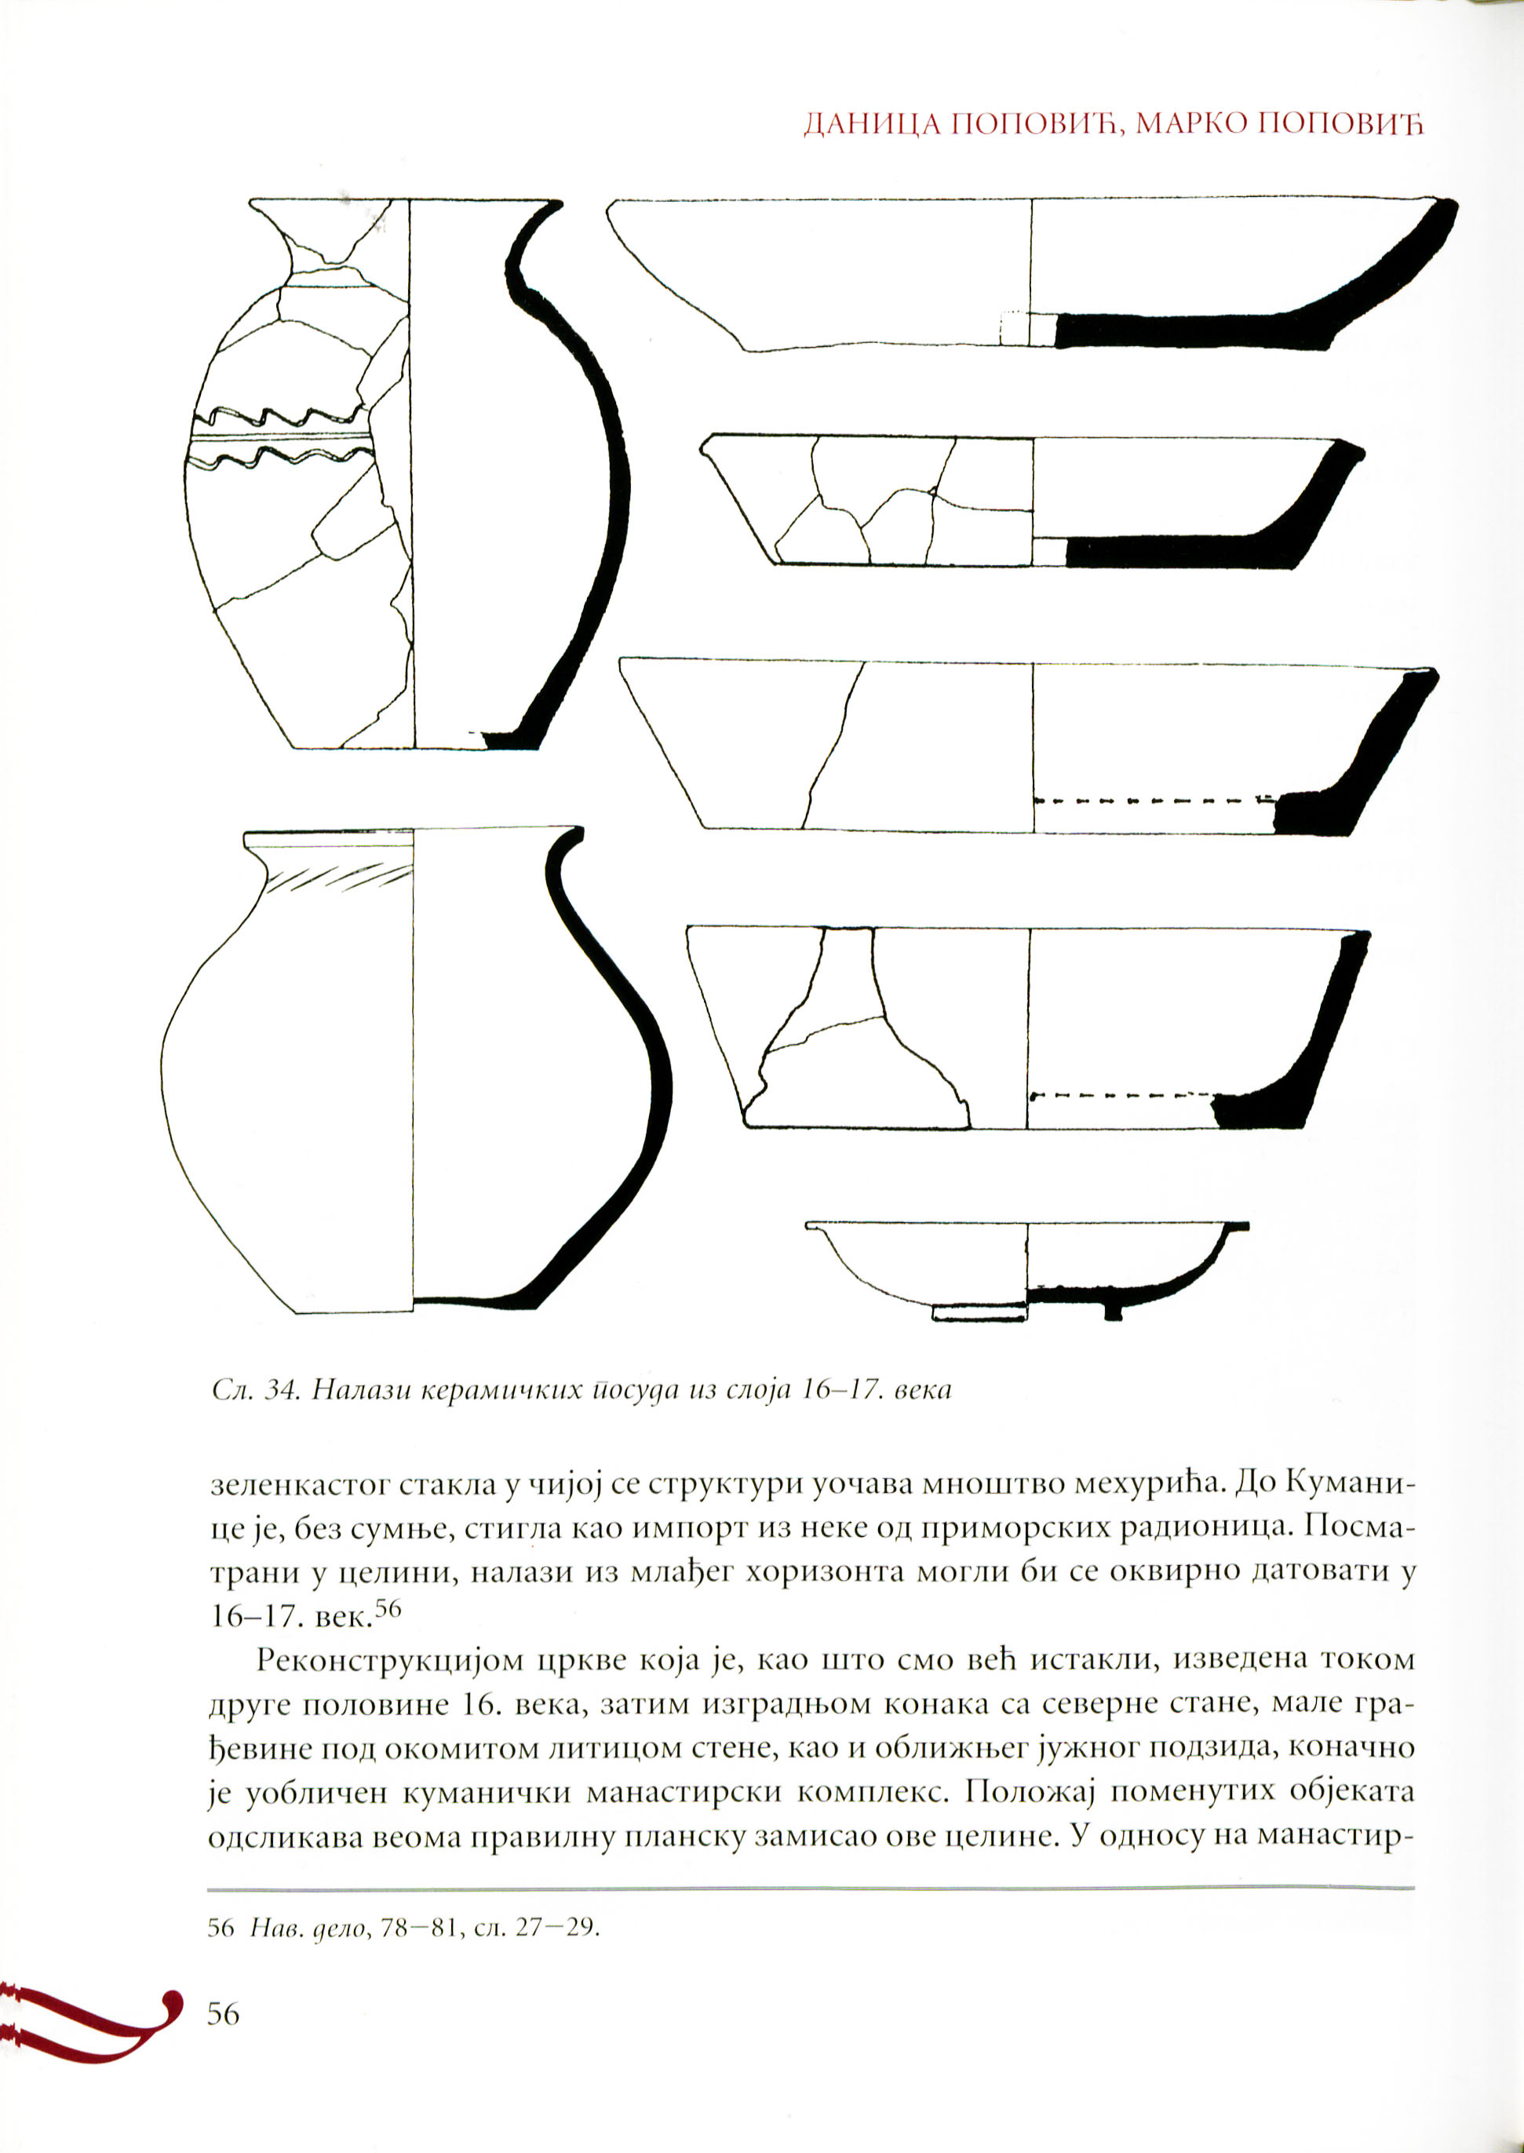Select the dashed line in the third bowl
tap(1155, 801)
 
